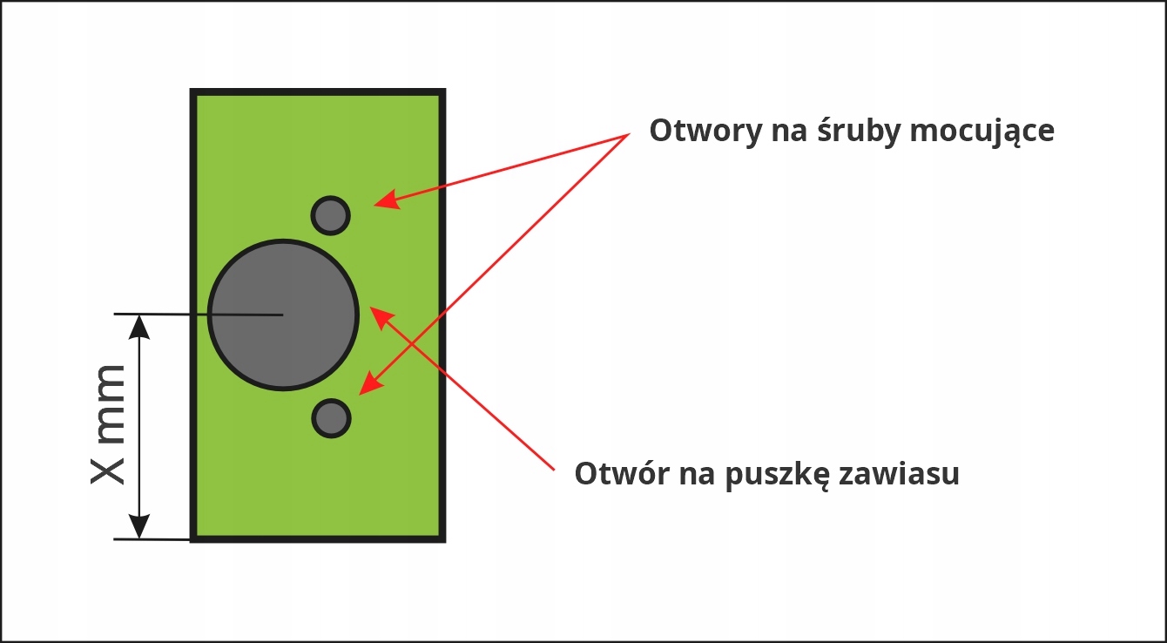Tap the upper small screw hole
pyautogui.click(x=331, y=214)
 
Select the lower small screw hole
pyautogui.click(x=331, y=418)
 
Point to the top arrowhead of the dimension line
pyautogui.click(x=139, y=326)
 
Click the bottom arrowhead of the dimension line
pyautogui.click(x=139, y=526)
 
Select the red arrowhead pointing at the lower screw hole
pyautogui.click(x=369, y=382)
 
